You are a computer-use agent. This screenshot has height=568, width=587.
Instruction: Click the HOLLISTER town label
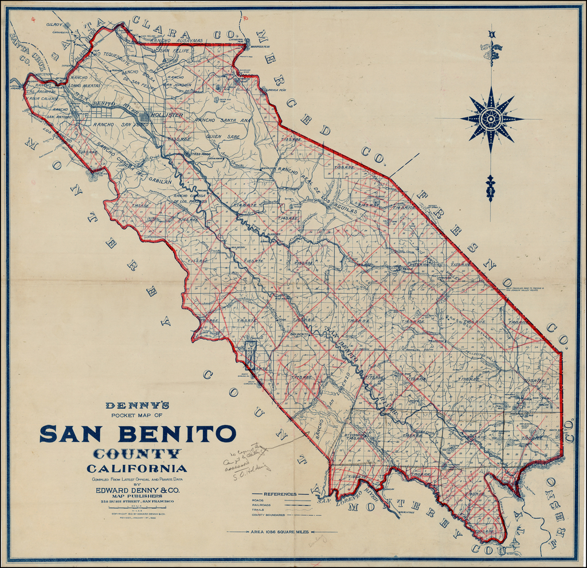[167, 115]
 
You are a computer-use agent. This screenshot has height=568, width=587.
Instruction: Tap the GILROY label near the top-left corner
[54, 25]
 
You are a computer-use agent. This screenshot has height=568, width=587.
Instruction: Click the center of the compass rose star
[491, 119]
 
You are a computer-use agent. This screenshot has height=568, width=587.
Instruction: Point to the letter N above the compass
[491, 35]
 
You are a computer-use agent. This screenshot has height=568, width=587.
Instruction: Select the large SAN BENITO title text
[138, 433]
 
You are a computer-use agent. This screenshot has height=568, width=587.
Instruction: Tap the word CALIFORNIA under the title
[137, 469]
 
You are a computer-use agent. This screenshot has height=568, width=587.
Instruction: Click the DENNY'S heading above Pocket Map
[138, 405]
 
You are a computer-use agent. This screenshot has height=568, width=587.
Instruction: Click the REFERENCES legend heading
[280, 494]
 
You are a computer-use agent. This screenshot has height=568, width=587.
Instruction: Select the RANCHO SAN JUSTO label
[121, 124]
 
